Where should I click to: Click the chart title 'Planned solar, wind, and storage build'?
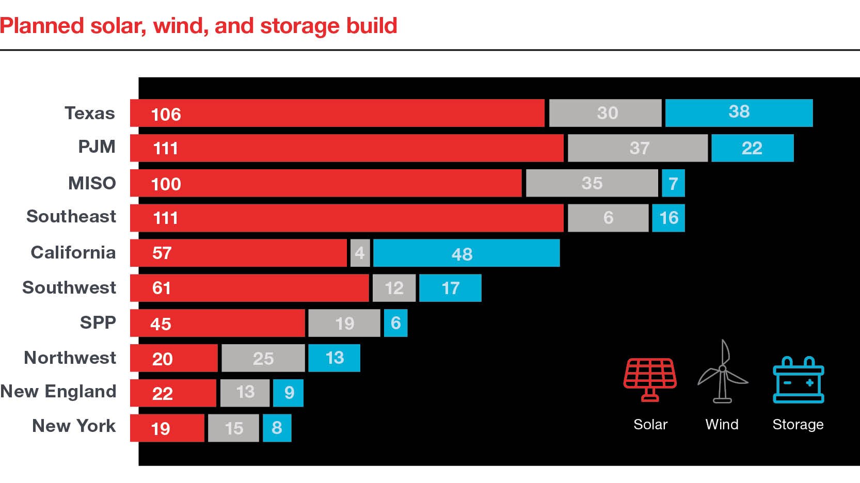[x=199, y=26]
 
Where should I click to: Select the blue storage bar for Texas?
[x=739, y=112]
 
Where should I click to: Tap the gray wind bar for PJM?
[x=638, y=148]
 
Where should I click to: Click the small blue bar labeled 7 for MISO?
[x=673, y=183]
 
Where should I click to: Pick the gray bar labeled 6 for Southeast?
[x=608, y=218]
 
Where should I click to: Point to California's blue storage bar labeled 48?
[x=466, y=253]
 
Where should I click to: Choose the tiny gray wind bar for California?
[x=360, y=253]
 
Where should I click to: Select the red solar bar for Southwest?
[x=249, y=288]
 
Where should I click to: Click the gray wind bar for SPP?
[x=344, y=323]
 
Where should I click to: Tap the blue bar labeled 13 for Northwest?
[x=334, y=358]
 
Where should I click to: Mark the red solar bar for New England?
[x=173, y=393]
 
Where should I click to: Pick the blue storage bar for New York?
[x=277, y=428]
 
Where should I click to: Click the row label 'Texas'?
[x=90, y=113]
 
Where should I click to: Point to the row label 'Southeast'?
[x=71, y=216]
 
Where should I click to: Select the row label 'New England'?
[x=58, y=391]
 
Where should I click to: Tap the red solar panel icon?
[x=650, y=379]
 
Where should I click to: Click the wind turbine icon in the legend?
[x=722, y=372]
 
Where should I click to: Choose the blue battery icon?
[x=798, y=380]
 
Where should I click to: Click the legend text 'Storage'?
[x=798, y=424]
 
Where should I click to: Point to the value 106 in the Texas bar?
[x=166, y=114]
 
